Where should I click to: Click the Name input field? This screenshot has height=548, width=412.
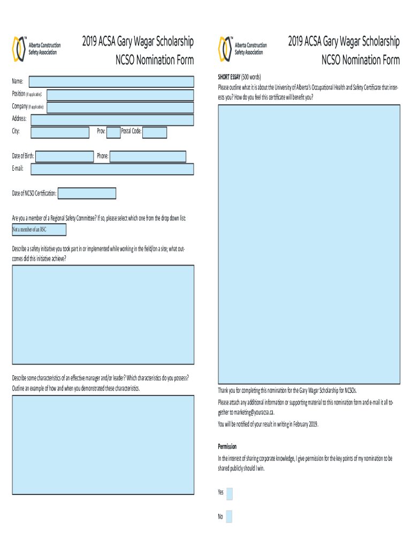[111, 81]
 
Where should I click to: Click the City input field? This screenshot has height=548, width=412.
[60, 132]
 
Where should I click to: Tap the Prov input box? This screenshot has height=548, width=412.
[113, 132]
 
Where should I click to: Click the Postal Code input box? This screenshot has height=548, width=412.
[155, 132]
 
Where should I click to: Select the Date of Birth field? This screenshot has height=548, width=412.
[64, 156]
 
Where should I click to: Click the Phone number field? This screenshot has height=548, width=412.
[148, 156]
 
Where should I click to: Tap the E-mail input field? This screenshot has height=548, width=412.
[112, 169]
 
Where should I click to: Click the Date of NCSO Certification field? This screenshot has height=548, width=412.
[87, 193]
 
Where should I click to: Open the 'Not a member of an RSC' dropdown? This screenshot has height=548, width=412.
[39, 230]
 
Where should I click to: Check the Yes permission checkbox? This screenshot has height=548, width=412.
[230, 493]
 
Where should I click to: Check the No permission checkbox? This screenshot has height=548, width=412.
[230, 516]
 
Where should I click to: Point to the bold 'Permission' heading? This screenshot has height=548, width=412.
[227, 446]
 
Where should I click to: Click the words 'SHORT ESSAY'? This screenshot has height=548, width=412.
[228, 77]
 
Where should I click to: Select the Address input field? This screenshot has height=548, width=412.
[111, 119]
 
